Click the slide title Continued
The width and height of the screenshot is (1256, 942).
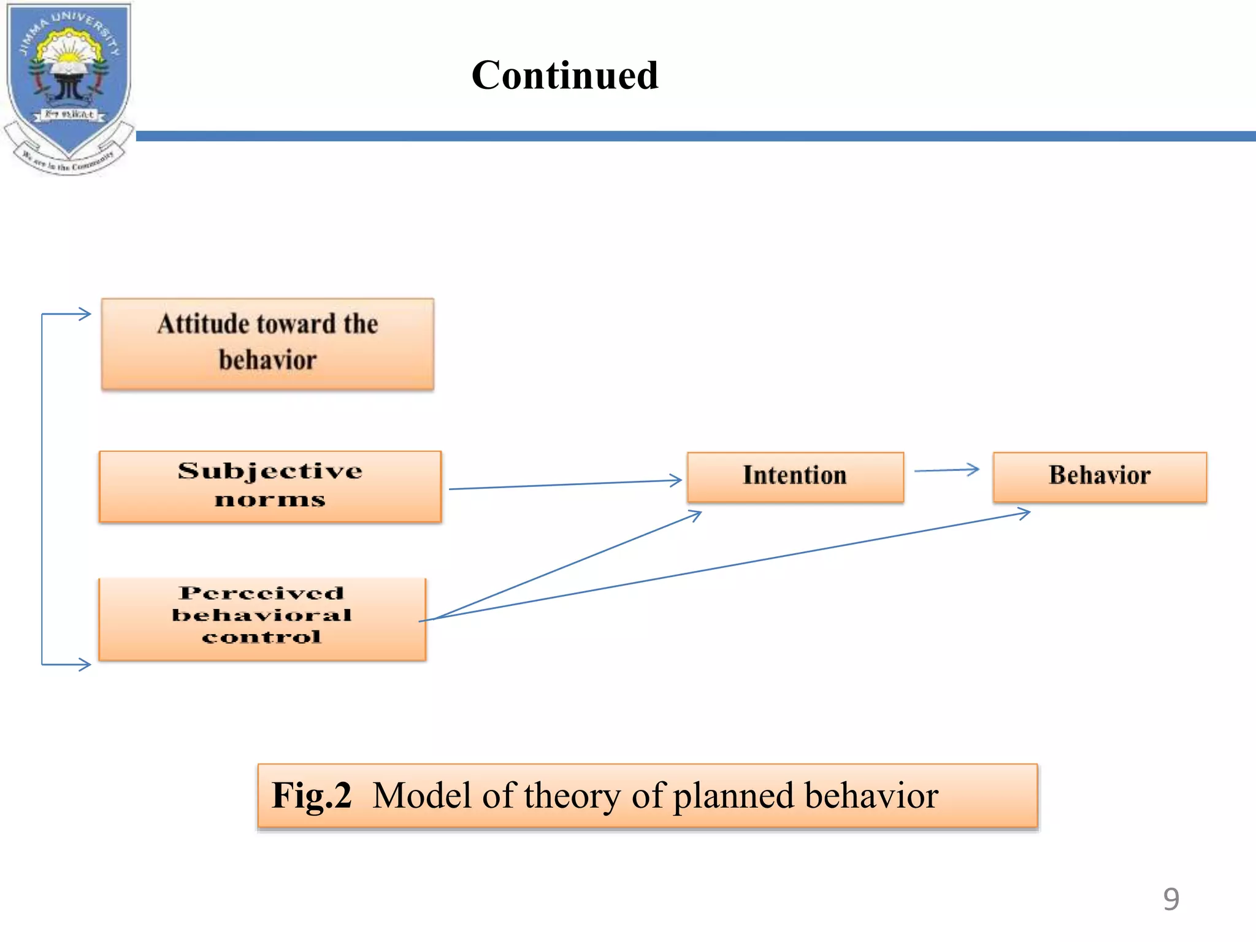coord(565,75)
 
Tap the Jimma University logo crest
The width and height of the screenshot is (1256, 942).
coord(68,83)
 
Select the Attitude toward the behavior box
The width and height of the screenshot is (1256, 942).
coord(267,343)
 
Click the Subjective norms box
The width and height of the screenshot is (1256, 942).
coord(270,486)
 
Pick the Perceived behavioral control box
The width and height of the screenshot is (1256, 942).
coord(262,619)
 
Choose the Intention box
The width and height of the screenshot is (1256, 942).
coord(795,477)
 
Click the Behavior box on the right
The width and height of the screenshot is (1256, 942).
coord(1099,477)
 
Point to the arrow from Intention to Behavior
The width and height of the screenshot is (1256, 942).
coord(946,470)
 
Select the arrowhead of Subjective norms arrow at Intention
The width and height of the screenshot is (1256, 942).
coord(676,480)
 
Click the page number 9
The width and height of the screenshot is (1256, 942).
coord(1171,899)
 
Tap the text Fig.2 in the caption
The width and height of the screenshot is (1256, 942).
coord(312,795)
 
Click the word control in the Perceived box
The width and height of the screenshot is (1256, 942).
coord(261,637)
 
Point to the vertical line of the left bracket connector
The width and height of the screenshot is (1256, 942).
coord(42,491)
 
